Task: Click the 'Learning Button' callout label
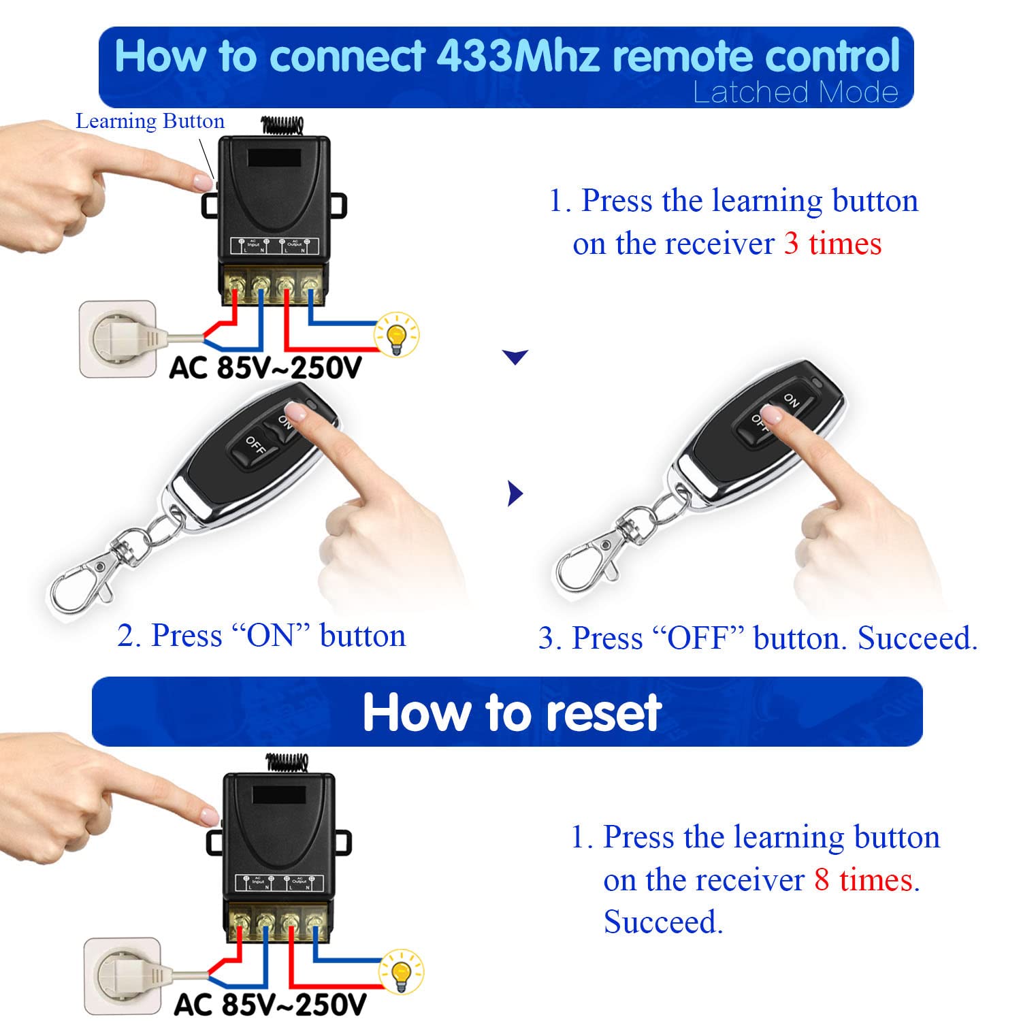[x=150, y=121]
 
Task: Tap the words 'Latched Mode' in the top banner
[x=795, y=93]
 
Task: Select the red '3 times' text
[x=832, y=244]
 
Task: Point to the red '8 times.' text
[x=866, y=880]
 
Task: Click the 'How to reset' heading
[x=511, y=713]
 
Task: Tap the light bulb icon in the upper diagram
[x=396, y=334]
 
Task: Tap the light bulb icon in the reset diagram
[x=401, y=971]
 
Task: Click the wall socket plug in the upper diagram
[x=117, y=338]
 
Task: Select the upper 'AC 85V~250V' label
[x=265, y=368]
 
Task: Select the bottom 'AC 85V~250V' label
[x=270, y=1005]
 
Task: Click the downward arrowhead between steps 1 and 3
[x=515, y=357]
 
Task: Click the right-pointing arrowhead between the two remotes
[x=515, y=493]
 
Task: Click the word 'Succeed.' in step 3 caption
[x=917, y=638]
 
